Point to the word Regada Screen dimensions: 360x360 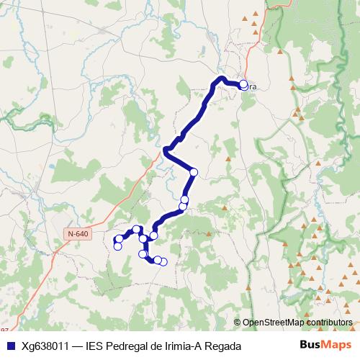222,346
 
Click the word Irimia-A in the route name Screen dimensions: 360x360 183,346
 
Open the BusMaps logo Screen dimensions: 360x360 325,346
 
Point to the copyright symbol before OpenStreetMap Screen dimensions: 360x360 238,323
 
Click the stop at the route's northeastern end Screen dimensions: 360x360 243,84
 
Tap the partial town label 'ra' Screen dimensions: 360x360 252,87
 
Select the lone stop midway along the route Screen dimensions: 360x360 194,171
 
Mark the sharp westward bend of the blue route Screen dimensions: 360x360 166,150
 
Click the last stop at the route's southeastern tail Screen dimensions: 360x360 163,261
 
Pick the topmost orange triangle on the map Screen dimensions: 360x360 245,17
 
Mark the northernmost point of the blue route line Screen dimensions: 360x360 222,77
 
